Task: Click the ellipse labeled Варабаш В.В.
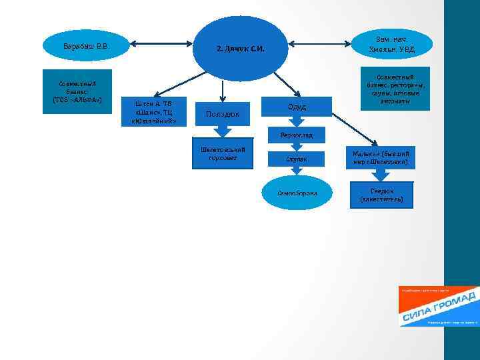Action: coord(85,46)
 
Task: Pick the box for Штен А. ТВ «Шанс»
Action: coord(154,112)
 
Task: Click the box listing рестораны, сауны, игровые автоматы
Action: coord(395,87)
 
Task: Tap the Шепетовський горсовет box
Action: coord(223,154)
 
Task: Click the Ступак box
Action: coord(297,159)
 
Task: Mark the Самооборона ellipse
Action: coord(297,193)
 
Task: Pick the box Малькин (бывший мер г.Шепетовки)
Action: coord(380,157)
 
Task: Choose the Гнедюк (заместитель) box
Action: coord(381,194)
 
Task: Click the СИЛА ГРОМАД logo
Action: coord(437,307)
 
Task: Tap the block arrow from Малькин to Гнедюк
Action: coord(380,175)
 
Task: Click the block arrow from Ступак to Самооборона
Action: coord(297,172)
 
